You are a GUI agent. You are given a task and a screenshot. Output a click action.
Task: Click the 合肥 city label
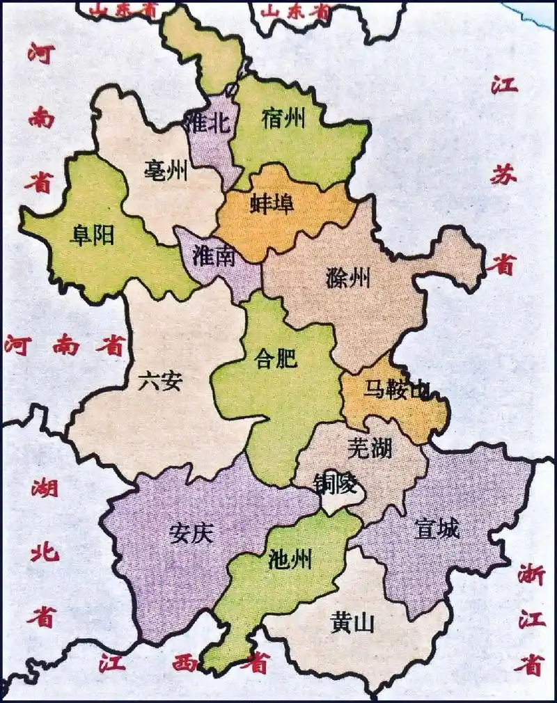(x=276, y=359)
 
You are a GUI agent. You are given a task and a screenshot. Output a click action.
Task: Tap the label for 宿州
(x=284, y=119)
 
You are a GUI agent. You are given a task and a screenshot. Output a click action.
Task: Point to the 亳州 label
(x=166, y=169)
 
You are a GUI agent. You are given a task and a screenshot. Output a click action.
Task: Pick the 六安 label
(x=160, y=381)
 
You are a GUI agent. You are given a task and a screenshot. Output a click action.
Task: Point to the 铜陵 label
(x=335, y=482)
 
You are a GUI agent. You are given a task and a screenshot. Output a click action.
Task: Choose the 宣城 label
(x=437, y=529)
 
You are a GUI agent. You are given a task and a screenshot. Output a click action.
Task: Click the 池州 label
(x=290, y=558)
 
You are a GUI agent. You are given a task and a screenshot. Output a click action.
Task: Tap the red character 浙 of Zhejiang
(x=531, y=576)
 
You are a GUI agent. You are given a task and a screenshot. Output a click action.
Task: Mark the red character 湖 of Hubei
(x=45, y=489)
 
